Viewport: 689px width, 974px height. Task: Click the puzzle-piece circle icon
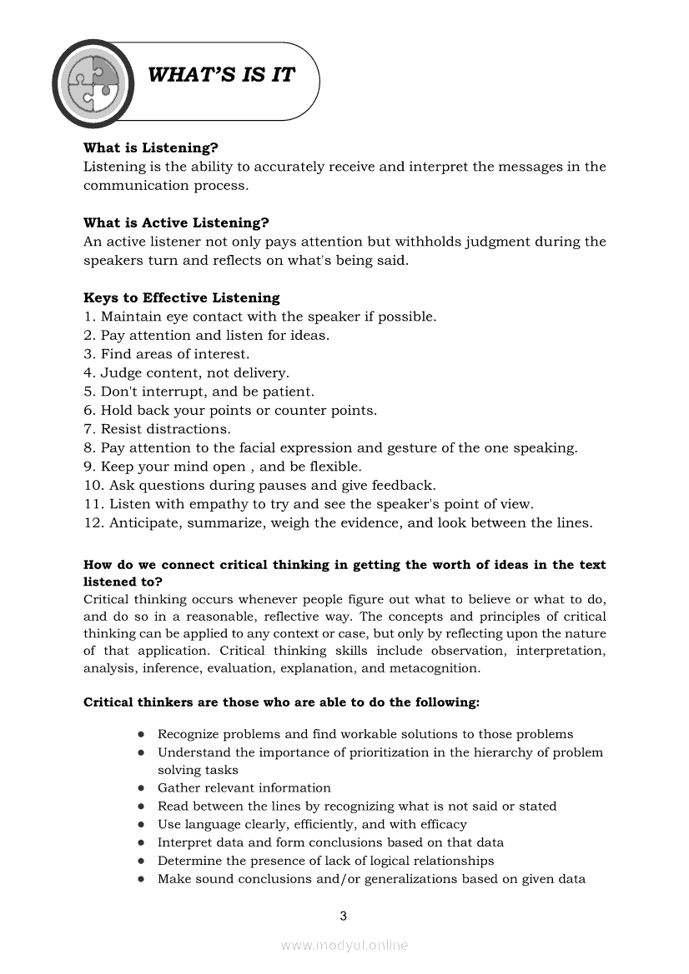[93, 82]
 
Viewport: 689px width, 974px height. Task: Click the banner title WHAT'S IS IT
[221, 75]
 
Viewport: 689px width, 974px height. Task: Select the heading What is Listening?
[150, 147]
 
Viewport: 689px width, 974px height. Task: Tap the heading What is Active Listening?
[176, 222]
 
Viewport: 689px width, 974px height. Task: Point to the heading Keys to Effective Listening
[182, 297]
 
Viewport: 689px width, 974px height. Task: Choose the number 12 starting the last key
[91, 523]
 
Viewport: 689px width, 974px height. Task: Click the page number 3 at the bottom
[344, 917]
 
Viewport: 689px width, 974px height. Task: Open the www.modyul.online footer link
[344, 945]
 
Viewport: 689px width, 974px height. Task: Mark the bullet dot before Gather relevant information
[142, 788]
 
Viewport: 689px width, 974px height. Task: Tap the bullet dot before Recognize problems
[142, 735]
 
